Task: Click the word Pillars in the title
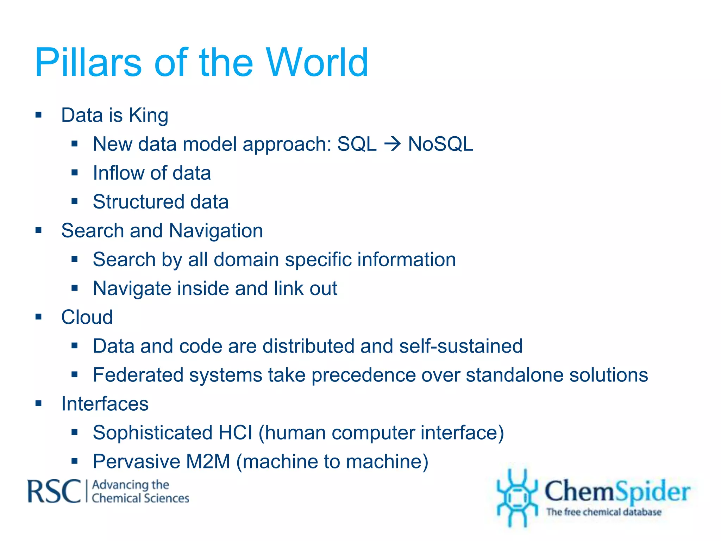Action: point(88,62)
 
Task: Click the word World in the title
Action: point(317,62)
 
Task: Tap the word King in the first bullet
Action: point(149,115)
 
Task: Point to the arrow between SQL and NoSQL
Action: point(392,144)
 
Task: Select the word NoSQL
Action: point(440,144)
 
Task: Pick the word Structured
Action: point(138,202)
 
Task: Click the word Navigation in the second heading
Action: point(216,231)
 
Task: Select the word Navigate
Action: point(132,289)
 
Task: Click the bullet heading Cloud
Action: point(87,317)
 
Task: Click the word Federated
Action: point(138,375)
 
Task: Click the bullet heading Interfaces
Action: point(105,404)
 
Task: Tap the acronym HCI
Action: point(235,433)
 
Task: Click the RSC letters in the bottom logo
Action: point(54,492)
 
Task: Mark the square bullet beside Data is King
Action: point(38,115)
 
